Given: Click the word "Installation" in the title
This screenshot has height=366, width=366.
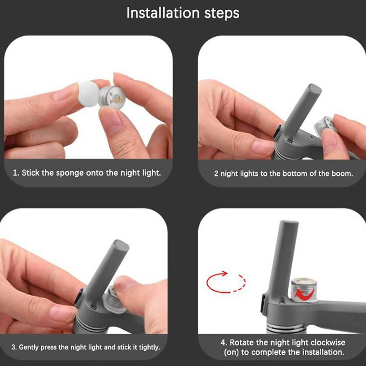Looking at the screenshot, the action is click(163, 13).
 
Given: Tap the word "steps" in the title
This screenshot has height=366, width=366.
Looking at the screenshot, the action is click(222, 14).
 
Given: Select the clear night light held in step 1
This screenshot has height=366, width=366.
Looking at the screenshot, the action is click(111, 97).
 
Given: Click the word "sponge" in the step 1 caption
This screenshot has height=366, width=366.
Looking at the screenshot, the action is click(70, 173).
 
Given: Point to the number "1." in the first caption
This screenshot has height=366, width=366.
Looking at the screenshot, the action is click(16, 173).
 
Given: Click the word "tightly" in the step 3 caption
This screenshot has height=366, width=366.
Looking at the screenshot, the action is click(149, 347).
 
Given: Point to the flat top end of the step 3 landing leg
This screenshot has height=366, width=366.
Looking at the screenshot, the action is click(121, 244).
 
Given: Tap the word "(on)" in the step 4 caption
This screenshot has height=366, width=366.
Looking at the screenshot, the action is click(231, 352).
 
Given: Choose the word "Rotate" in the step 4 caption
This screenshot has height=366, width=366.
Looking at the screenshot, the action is click(242, 342).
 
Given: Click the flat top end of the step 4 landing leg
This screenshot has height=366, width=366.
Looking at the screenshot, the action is click(289, 222).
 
